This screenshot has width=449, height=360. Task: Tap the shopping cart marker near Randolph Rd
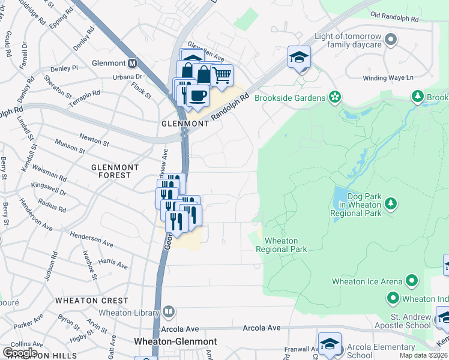[221, 76]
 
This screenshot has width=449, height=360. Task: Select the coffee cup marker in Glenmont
[197, 95]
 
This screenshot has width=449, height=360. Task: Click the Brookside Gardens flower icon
[334, 97]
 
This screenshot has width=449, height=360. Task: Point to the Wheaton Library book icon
[169, 312]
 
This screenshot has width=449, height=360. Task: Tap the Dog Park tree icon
[391, 204]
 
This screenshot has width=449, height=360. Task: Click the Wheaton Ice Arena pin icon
[411, 280]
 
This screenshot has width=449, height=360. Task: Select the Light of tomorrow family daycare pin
[391, 40]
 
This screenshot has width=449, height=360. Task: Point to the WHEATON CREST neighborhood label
[92, 300]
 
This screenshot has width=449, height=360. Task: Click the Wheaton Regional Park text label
[281, 245]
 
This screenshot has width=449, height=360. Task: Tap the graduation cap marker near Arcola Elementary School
[330, 344]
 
